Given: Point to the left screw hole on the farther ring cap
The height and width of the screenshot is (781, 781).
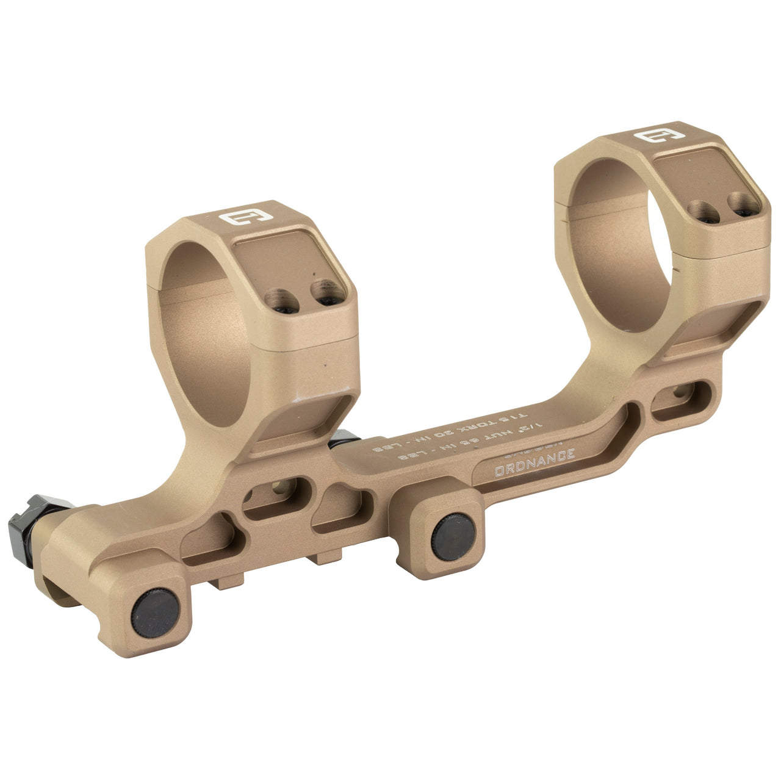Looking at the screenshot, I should tap(701, 211).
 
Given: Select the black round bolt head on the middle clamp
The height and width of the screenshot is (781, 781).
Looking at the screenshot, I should tap(453, 537).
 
